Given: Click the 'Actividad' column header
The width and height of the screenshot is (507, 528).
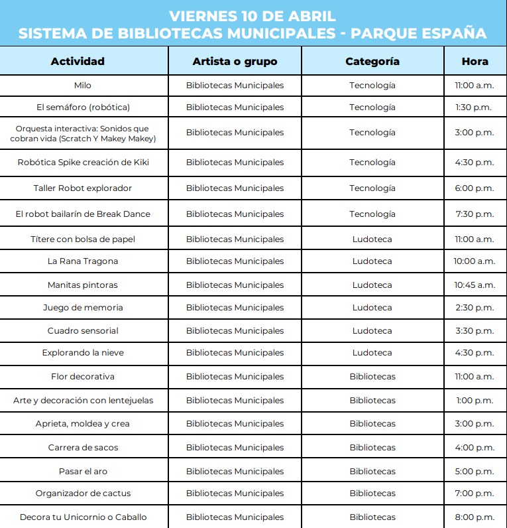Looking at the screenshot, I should coord(78,62).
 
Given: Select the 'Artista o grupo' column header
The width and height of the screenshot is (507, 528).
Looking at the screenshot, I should coord(235,62).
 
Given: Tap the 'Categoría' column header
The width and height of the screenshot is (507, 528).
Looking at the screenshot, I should coord(372,62).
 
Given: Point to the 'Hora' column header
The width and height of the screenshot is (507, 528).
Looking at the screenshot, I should coord(475,62).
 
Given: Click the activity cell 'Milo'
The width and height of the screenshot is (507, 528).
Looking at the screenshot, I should coord(83,86).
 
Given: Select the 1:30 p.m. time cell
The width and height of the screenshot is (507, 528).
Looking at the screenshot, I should coord(475,107).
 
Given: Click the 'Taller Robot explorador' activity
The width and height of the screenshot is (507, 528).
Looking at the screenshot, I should coord(83,188).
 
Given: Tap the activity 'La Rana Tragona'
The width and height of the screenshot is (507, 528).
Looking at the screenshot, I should coord(83,261).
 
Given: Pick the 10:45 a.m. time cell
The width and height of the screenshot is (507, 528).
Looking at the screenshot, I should coord(475,285).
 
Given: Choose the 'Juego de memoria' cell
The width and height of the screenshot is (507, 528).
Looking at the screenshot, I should coord(83,308).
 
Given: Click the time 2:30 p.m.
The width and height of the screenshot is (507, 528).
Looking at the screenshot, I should coord(475,308).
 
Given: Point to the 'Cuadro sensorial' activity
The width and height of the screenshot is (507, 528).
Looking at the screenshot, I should coord(83,331).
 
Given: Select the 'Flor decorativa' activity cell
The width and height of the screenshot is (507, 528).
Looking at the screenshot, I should coord(83,377).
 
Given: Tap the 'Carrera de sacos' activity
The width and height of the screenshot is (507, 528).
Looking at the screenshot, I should coord(83,448).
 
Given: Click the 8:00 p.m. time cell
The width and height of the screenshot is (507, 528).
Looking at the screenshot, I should coord(475,517).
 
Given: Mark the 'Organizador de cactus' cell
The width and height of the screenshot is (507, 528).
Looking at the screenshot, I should coord(83,494).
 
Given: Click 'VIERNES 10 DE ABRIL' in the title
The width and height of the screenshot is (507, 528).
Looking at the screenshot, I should coord(253,16).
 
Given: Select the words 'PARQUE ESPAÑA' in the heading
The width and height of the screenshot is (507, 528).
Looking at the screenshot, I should coord(418,34).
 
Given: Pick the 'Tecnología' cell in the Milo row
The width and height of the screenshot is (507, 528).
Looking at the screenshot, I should coord(372,86).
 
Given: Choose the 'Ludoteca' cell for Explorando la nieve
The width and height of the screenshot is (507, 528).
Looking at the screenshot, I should coord(372,353).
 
